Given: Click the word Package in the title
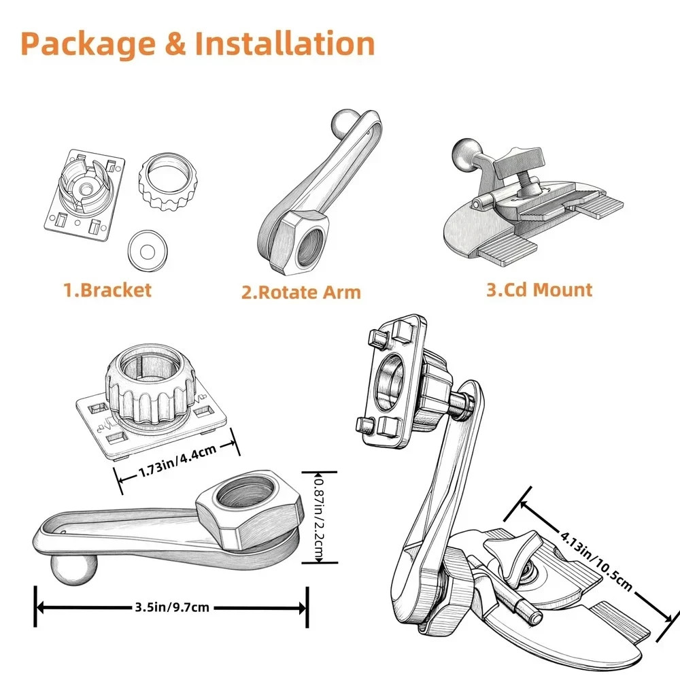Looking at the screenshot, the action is (87, 43).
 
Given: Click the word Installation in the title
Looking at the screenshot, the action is (285, 43).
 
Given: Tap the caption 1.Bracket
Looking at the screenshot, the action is (107, 290).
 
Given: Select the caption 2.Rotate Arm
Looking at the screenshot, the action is (301, 292).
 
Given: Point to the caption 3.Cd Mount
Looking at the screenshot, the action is (539, 290).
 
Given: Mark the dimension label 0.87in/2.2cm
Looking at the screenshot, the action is (318, 516).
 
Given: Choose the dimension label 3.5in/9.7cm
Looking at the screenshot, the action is (172, 607).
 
